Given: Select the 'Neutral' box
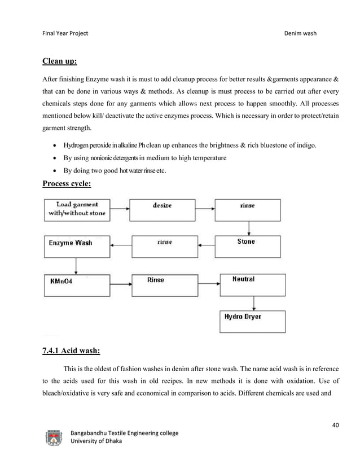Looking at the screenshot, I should pos(249,285).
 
